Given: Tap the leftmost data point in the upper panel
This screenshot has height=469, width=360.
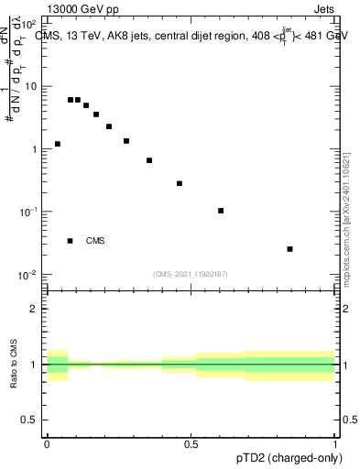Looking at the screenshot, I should coord(58,144).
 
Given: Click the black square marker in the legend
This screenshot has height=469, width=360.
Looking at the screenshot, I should coord(70,241).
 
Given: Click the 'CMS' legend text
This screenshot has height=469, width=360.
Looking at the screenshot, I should coord(95,241).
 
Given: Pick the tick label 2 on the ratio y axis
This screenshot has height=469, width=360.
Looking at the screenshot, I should coord(34,309).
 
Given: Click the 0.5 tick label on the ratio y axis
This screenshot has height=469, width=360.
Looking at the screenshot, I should coord(30,421).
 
